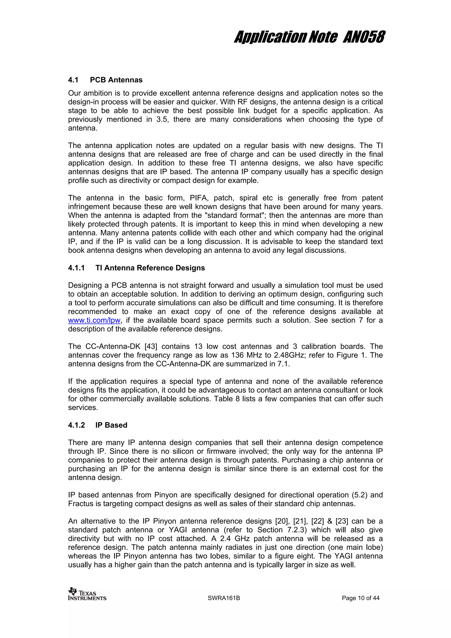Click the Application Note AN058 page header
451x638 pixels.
(309, 37)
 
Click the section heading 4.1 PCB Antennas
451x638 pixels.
(105, 80)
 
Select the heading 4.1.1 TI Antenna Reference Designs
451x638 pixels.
(136, 268)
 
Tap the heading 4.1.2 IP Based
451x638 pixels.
(98, 425)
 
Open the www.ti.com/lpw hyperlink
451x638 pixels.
(94, 320)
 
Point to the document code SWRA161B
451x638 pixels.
(224, 598)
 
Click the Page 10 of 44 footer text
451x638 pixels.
(360, 598)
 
